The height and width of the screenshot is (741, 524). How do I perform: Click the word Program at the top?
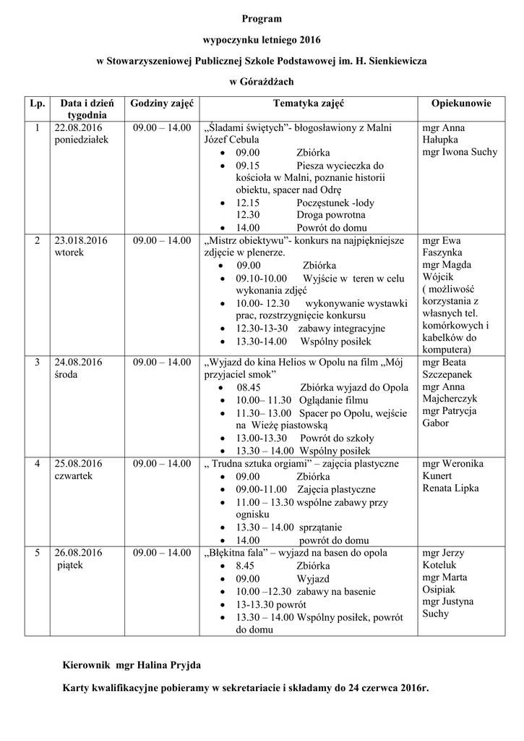[262, 18]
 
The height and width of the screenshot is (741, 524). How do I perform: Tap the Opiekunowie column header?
[460, 104]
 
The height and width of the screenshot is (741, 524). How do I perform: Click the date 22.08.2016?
[78, 128]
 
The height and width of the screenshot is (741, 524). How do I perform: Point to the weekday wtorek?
[69, 253]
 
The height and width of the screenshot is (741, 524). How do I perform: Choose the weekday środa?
[67, 374]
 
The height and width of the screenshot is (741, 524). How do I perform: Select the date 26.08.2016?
[78, 553]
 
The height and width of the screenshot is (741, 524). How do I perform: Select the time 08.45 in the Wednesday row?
[247, 387]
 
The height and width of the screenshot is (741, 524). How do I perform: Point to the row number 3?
[37, 362]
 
